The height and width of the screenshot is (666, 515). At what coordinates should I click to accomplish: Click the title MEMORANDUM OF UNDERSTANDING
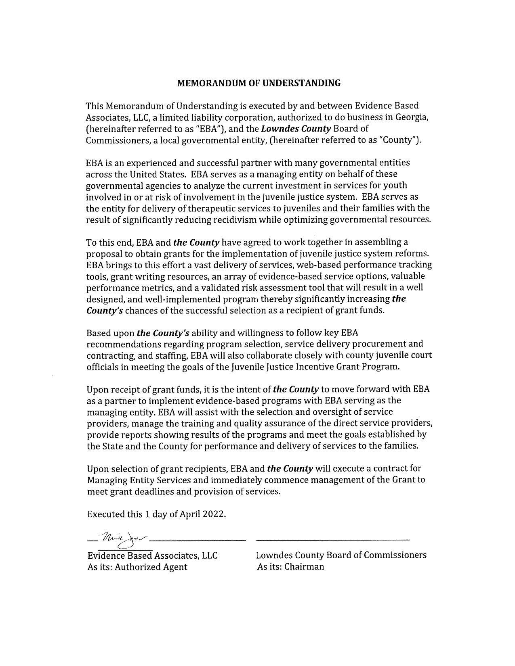coord(259,83)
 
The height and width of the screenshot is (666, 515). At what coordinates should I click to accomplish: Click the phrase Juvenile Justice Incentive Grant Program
coord(333,367)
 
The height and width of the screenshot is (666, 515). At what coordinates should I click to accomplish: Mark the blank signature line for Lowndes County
coord(333,539)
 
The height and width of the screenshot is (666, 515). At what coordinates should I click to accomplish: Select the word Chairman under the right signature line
coord(304,566)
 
